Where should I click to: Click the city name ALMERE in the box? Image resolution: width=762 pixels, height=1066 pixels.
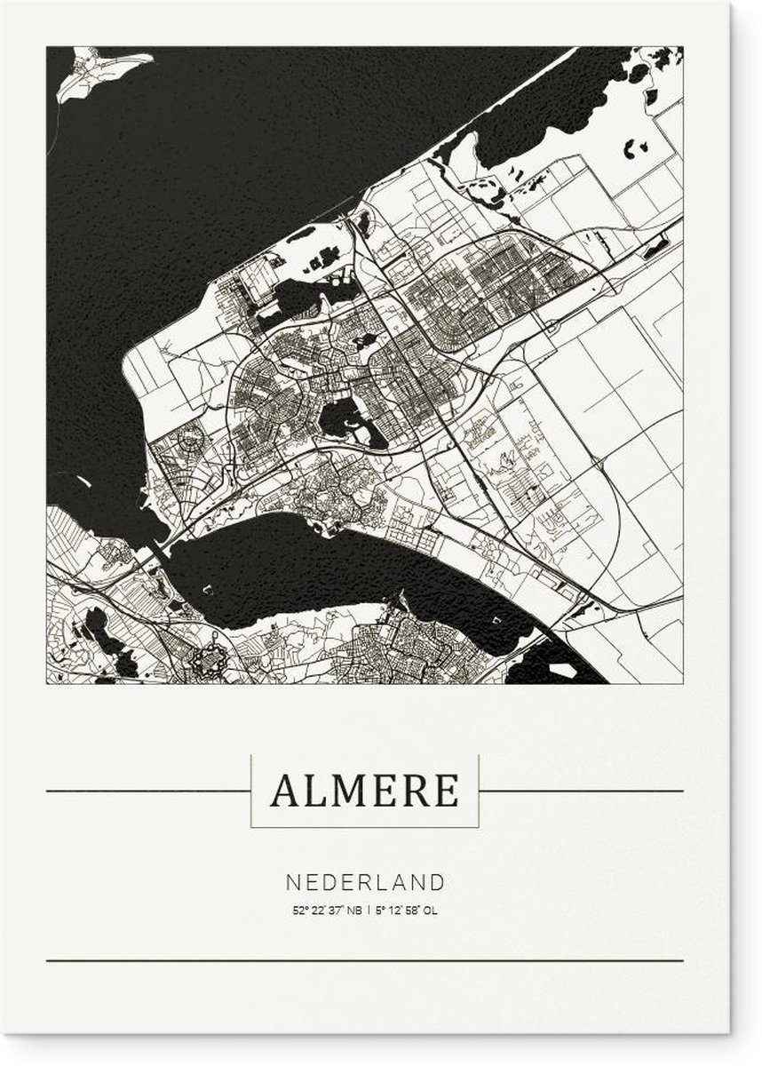(x=365, y=790)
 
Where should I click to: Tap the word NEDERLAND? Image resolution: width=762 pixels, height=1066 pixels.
(x=365, y=882)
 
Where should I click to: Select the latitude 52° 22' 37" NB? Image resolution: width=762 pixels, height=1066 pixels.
(x=326, y=910)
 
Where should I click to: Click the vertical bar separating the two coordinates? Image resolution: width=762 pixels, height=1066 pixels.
(x=369, y=910)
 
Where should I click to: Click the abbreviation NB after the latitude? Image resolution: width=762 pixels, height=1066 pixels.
(x=353, y=910)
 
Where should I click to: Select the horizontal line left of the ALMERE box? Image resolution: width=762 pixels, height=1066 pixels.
(x=147, y=790)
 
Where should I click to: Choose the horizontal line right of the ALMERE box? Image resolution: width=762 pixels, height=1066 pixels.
(x=582, y=790)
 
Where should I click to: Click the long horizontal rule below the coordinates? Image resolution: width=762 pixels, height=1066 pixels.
(x=365, y=960)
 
